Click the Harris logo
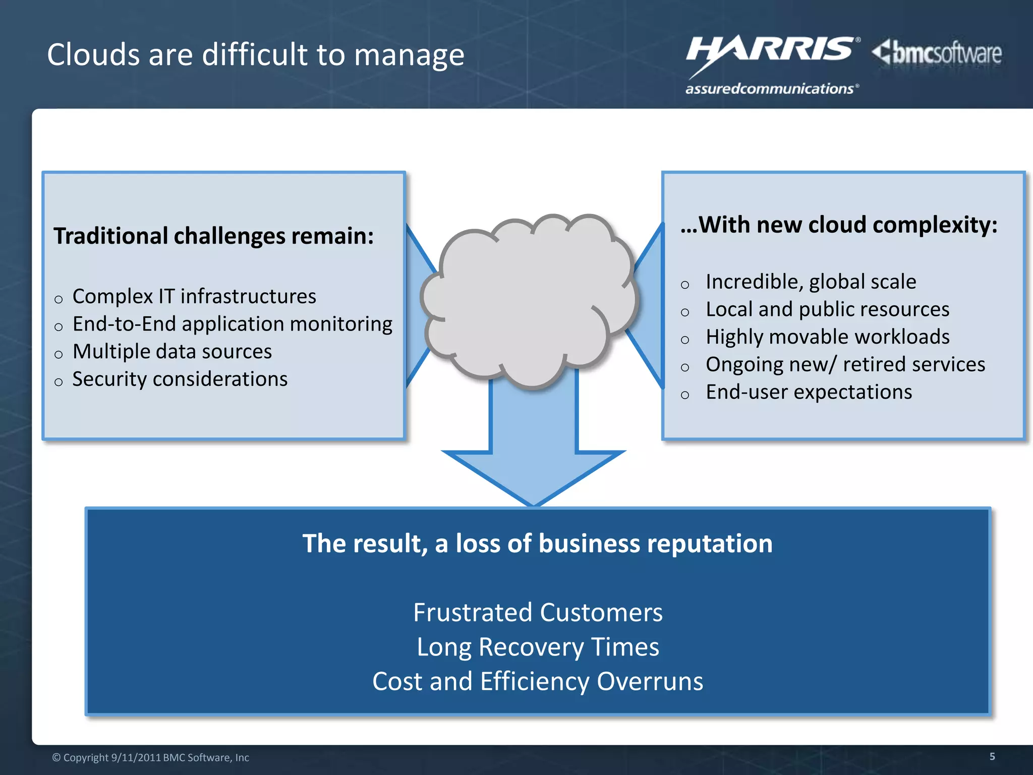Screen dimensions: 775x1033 pyautogui.click(x=772, y=63)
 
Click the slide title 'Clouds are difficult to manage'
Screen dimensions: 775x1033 pyautogui.click(x=256, y=54)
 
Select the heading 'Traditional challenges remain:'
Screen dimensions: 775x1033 pyautogui.click(x=214, y=236)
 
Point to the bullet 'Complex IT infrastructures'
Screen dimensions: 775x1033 pyautogui.click(x=194, y=296)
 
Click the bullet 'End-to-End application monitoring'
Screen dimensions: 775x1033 pyautogui.click(x=232, y=324)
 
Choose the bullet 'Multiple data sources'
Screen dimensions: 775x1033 pyautogui.click(x=172, y=352)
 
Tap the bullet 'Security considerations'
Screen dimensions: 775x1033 pyautogui.click(x=180, y=379)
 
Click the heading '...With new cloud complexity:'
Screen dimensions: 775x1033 pyautogui.click(x=839, y=225)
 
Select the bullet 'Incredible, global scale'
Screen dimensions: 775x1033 pyautogui.click(x=811, y=282)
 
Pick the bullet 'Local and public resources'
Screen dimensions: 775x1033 pyautogui.click(x=827, y=309)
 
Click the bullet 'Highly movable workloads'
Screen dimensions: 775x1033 pyautogui.click(x=827, y=337)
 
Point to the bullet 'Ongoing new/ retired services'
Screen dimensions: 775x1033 pyautogui.click(x=845, y=364)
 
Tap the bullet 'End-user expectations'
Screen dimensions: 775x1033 pyautogui.click(x=809, y=392)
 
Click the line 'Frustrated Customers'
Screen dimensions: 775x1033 pyautogui.click(x=538, y=613)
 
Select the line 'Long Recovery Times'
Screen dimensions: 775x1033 pyautogui.click(x=538, y=647)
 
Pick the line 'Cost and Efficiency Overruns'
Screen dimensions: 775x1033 pyautogui.click(x=538, y=681)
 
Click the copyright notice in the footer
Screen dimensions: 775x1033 pyautogui.click(x=150, y=757)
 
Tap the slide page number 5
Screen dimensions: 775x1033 pyautogui.click(x=992, y=756)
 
